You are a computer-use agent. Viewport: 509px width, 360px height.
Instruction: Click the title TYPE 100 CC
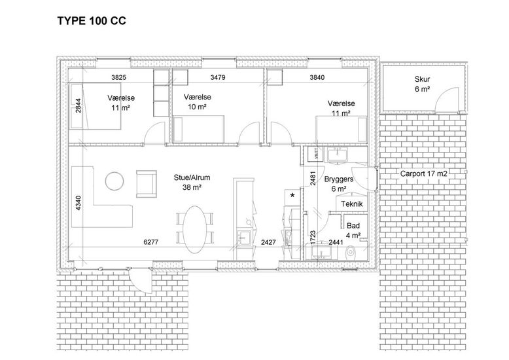click(x=92, y=21)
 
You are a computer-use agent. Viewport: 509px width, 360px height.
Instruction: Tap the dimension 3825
click(x=118, y=77)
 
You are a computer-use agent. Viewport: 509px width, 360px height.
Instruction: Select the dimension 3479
click(x=218, y=77)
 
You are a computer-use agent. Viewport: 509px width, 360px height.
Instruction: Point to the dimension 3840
click(x=317, y=77)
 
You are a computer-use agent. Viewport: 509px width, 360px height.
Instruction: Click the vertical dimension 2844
click(x=79, y=105)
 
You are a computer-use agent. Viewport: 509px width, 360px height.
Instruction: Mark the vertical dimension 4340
click(x=79, y=203)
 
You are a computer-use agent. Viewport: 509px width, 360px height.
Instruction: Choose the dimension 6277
click(x=151, y=242)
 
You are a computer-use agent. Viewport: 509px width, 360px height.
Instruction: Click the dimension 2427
click(x=268, y=242)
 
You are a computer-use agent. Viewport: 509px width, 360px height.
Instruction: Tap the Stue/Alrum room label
click(x=192, y=182)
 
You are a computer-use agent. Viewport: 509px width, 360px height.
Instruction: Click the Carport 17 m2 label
click(x=424, y=174)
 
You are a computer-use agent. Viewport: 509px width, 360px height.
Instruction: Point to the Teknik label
click(x=352, y=204)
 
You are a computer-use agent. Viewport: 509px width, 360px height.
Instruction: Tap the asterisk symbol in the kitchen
click(x=292, y=196)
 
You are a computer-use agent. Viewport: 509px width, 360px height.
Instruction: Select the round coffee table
click(x=114, y=181)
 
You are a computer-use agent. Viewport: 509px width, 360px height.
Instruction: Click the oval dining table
click(x=195, y=229)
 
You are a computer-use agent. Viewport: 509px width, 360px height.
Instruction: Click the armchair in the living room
click(x=147, y=184)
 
